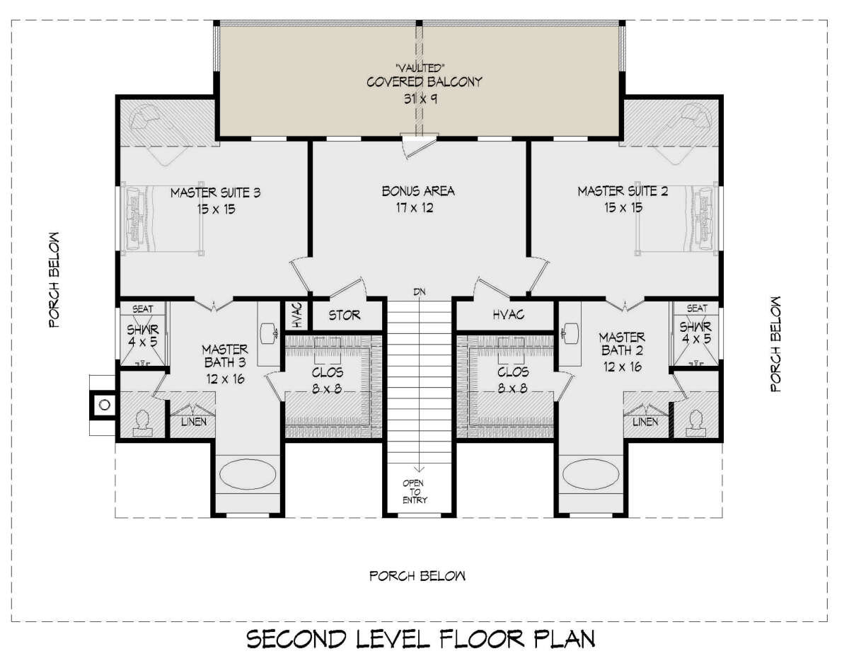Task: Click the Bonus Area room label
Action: point(418,191)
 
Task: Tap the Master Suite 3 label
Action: point(215,193)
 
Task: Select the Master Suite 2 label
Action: point(623,191)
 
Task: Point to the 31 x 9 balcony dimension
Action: point(420,99)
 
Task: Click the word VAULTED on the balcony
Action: point(417,69)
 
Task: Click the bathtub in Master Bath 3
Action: point(248,474)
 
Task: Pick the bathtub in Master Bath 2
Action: point(591,474)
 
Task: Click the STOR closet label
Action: point(345,316)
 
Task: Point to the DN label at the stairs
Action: point(420,292)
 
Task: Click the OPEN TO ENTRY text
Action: point(415,492)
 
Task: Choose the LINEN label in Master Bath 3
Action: point(194,422)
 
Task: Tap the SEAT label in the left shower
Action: point(142,309)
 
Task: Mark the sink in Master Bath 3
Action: point(270,333)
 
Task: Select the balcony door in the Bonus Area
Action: point(419,145)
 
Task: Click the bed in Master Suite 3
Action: point(163,219)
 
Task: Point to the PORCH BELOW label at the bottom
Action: point(417,576)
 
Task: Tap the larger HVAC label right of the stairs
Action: point(509,314)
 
